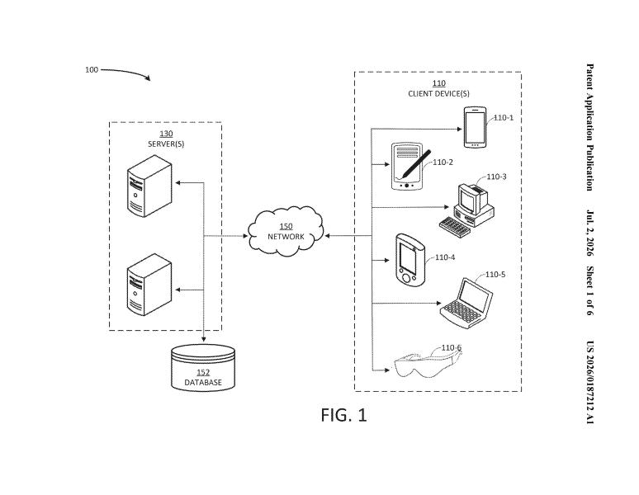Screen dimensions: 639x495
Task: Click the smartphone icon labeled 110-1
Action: point(475,127)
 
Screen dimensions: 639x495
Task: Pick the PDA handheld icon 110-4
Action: point(410,260)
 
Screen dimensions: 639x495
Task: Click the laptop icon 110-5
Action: point(466,304)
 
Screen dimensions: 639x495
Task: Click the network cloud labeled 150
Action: point(286,231)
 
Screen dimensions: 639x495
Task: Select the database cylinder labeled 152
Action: point(203,368)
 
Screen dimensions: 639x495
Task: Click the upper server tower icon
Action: point(149,186)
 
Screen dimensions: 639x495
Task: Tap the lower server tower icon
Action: point(149,285)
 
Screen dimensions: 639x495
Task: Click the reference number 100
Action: point(92,69)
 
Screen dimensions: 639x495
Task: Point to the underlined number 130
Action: point(166,134)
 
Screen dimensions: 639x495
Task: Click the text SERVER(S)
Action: point(166,144)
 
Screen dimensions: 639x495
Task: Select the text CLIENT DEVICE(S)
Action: point(438,93)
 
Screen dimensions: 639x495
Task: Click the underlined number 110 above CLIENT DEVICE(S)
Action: point(439,83)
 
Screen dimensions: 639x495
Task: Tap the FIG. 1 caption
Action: point(344,415)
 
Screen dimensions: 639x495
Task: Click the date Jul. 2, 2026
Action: point(590,233)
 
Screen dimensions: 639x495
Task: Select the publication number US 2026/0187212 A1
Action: point(590,382)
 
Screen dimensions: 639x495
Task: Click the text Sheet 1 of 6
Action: point(590,290)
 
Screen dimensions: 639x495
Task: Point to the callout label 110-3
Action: point(496,177)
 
